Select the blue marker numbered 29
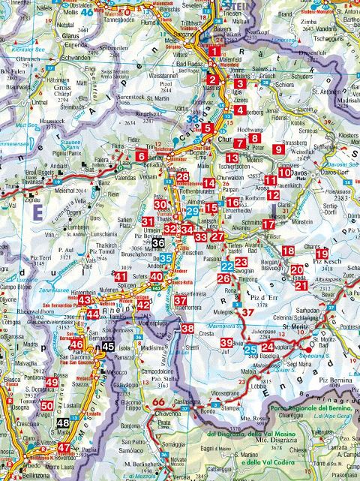pyautogui.click(x=192, y=212)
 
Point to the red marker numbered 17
pyautogui.click(x=268, y=223)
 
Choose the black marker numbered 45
pyautogui.click(x=109, y=347)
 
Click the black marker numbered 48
pyautogui.click(x=64, y=423)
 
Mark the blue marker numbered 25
pyautogui.click(x=251, y=349)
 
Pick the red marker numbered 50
pyautogui.click(x=47, y=407)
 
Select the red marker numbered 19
pyautogui.click(x=322, y=254)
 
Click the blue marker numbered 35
pyautogui.click(x=166, y=260)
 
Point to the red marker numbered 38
pyautogui.click(x=187, y=329)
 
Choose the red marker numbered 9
pyautogui.click(x=279, y=149)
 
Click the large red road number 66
pyautogui.click(x=158, y=402)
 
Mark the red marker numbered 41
pyautogui.click(x=121, y=278)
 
